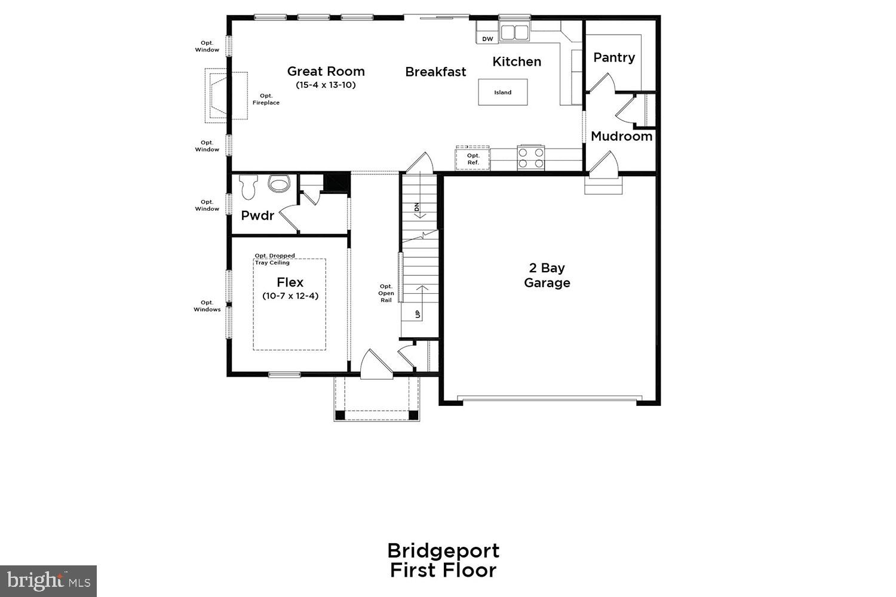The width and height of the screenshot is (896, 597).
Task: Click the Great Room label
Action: click(326, 72)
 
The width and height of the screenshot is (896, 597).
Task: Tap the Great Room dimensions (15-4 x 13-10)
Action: click(326, 85)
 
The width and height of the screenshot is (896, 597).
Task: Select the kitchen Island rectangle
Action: click(502, 93)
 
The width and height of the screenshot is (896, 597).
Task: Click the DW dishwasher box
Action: click(487, 39)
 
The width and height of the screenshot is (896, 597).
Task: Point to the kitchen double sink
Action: click(514, 32)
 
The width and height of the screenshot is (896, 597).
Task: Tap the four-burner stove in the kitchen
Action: click(531, 158)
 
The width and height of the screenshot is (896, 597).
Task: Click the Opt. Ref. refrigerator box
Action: click(472, 159)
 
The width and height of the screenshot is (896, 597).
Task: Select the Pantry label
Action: click(613, 58)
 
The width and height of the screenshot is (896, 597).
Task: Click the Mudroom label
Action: click(621, 136)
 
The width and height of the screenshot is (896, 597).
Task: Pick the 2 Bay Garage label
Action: click(547, 275)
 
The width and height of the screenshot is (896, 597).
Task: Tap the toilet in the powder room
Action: click(248, 187)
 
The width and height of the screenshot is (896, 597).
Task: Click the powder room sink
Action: click(278, 183)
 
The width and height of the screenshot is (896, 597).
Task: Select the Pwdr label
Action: click(257, 216)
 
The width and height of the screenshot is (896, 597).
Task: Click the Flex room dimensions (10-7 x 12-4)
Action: click(290, 296)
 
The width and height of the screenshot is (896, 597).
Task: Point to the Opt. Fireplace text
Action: click(266, 99)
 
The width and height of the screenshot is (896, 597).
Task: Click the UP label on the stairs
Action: click(417, 313)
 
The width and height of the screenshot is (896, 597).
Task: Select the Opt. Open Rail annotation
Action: click(386, 293)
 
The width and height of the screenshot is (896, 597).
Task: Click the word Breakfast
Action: click(435, 72)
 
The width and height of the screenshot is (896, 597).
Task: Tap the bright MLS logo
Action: click(48, 581)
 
